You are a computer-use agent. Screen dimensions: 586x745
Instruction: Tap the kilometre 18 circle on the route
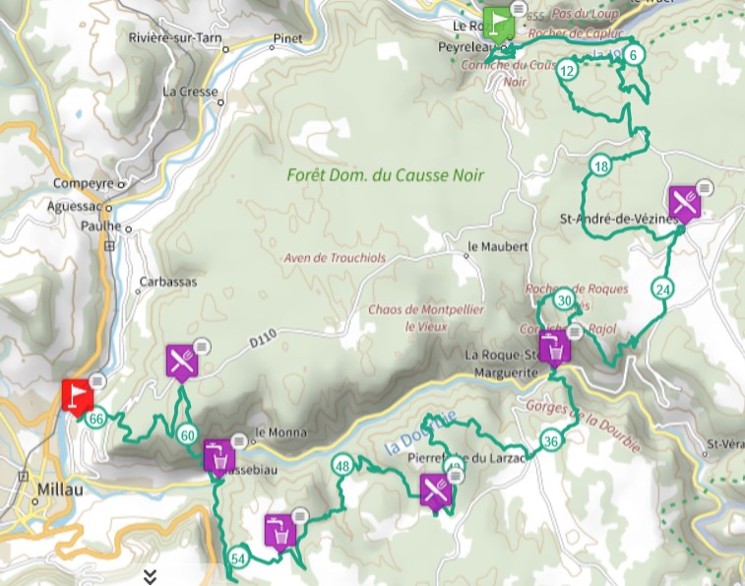pyautogui.click(x=601, y=166)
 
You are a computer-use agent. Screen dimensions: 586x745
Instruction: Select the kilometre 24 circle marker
pyautogui.click(x=662, y=289)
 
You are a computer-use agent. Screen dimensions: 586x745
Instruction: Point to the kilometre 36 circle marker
pyautogui.click(x=551, y=441)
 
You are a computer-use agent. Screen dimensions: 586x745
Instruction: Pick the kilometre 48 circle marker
pyautogui.click(x=342, y=466)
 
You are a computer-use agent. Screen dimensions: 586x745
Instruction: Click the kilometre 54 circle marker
pyautogui.click(x=237, y=558)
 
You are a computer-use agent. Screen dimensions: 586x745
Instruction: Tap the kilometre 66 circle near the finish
pyautogui.click(x=95, y=420)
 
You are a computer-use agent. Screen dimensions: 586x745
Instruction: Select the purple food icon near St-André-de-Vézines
pyautogui.click(x=683, y=203)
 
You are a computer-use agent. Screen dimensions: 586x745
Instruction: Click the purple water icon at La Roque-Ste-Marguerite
pyautogui.click(x=554, y=348)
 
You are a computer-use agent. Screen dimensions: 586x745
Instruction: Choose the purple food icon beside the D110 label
pyautogui.click(x=181, y=361)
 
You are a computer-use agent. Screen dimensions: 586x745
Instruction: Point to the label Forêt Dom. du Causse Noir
pyautogui.click(x=386, y=175)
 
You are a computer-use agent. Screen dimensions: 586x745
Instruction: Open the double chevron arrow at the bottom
pyautogui.click(x=150, y=576)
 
